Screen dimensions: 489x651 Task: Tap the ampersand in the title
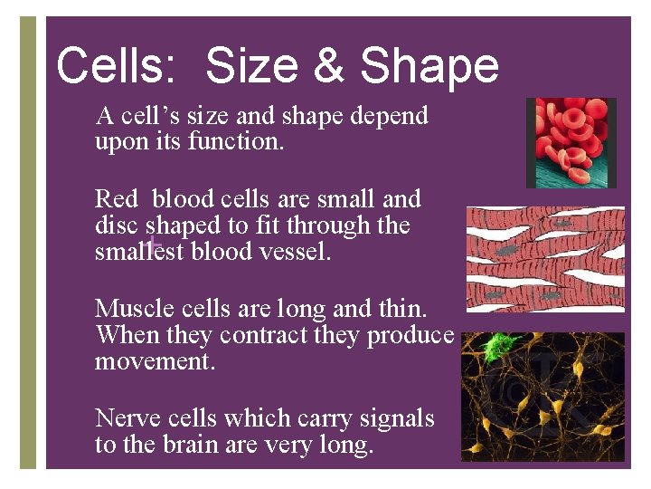click(329, 65)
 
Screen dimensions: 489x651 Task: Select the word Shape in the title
click(429, 65)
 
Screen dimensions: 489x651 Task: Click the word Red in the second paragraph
click(117, 198)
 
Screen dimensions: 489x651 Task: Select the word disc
click(117, 225)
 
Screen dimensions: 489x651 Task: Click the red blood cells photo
click(571, 142)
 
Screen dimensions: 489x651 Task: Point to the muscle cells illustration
click(544, 259)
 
